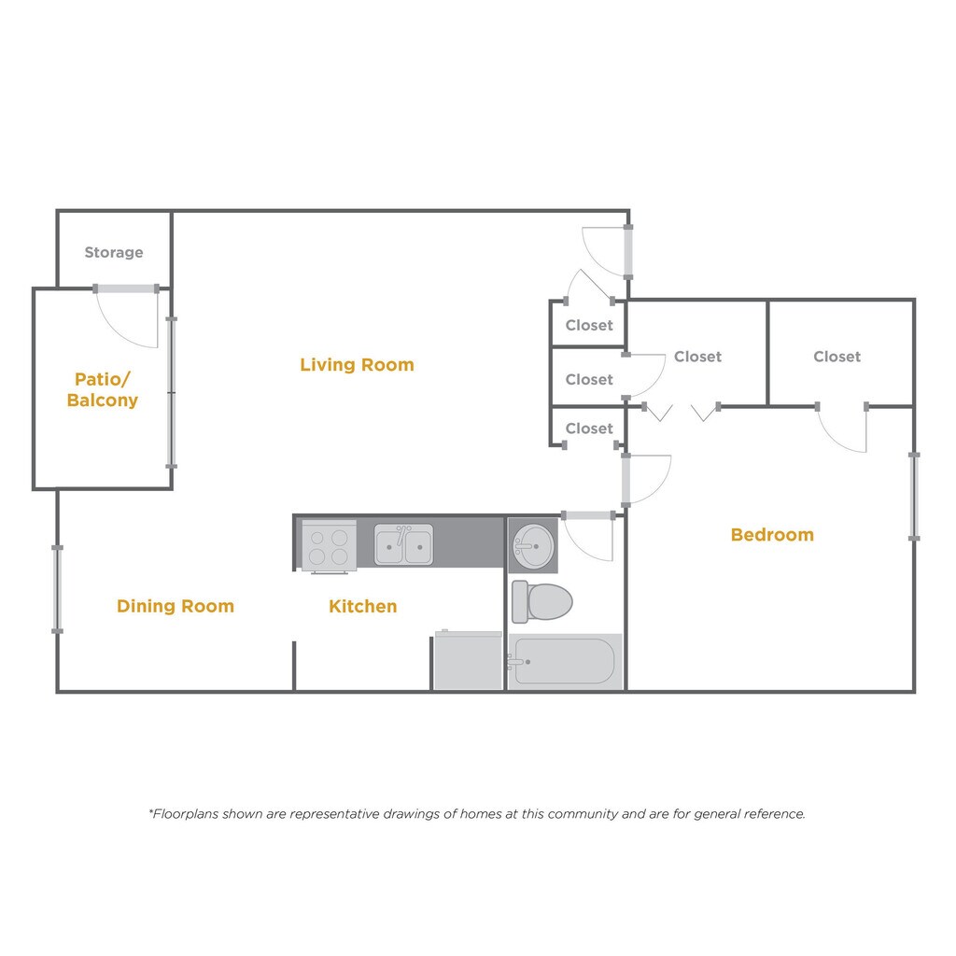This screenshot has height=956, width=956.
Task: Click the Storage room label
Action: tap(114, 252)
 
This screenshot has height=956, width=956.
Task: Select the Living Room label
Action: tap(357, 365)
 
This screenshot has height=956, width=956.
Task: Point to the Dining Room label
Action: tap(176, 606)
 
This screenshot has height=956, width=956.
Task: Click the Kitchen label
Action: tap(362, 606)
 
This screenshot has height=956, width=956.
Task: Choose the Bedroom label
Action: tap(772, 535)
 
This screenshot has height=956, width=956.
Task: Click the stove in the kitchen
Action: tap(329, 545)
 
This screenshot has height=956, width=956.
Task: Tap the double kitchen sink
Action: tap(403, 544)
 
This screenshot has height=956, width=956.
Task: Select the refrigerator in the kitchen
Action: tap(469, 661)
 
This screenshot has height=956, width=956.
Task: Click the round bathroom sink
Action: tap(533, 544)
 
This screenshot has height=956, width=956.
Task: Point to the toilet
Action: tap(542, 601)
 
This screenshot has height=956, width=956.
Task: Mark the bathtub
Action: tap(565, 661)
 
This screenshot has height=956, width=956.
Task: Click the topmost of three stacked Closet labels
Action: tap(589, 326)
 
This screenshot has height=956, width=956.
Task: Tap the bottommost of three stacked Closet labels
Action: tap(589, 429)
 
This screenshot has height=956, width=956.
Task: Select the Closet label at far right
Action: tap(836, 357)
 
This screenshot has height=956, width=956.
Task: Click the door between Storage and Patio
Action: tap(127, 289)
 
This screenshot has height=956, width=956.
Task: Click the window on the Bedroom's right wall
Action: tap(914, 496)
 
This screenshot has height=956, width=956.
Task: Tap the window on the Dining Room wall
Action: tap(57, 589)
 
